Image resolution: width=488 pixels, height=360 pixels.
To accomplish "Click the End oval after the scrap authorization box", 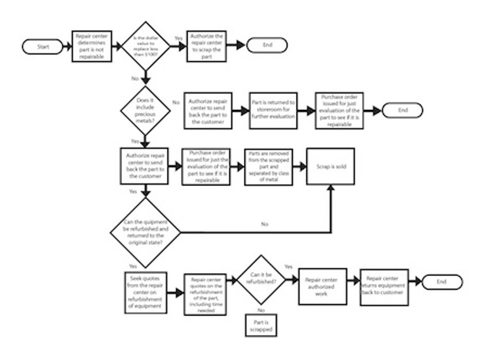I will pyautogui.click(x=268, y=45).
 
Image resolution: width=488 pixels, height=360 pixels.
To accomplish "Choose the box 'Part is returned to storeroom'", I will pyautogui.click(x=273, y=111).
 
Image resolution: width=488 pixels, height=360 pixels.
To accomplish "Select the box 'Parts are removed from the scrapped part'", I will pyautogui.click(x=268, y=166).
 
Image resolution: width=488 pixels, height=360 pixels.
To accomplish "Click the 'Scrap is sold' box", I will pyautogui.click(x=330, y=166).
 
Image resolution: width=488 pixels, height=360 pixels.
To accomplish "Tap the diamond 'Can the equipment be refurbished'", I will pyautogui.click(x=145, y=232).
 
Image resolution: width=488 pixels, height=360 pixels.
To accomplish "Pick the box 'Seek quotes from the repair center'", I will pyautogui.click(x=144, y=292).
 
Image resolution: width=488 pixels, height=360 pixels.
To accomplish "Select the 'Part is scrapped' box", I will pyautogui.click(x=261, y=326).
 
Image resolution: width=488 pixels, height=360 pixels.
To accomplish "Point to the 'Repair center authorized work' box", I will pyautogui.click(x=322, y=287).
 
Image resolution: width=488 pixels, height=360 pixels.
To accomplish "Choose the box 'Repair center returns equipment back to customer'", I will pyautogui.click(x=384, y=286).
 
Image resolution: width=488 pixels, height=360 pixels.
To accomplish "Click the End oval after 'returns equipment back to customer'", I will pyautogui.click(x=442, y=282).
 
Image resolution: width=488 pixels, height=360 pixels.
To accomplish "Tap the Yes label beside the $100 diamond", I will pyautogui.click(x=178, y=38).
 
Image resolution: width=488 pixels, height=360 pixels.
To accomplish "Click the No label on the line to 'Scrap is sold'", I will pyautogui.click(x=264, y=224).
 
